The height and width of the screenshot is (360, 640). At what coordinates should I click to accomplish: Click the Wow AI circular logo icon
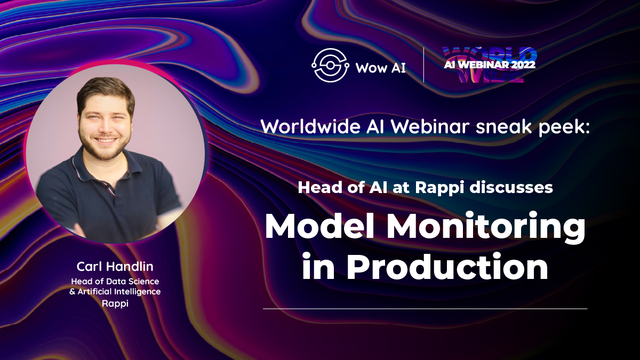pyautogui.click(x=330, y=65)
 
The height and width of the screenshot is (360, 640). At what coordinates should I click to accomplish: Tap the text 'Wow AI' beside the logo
pyautogui.click(x=381, y=68)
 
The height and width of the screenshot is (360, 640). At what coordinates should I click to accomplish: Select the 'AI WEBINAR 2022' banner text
pyautogui.click(x=490, y=65)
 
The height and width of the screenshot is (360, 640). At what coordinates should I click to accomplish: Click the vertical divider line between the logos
pyautogui.click(x=423, y=65)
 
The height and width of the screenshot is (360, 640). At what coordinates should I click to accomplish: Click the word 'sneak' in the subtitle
pyautogui.click(x=503, y=126)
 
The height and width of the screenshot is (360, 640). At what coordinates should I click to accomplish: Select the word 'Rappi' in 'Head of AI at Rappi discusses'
pyautogui.click(x=440, y=188)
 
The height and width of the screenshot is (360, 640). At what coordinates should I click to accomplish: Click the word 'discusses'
pyautogui.click(x=511, y=188)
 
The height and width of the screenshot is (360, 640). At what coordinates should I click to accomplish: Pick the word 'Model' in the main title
pyautogui.click(x=319, y=226)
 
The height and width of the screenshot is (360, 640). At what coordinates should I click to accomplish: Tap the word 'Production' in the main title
pyautogui.click(x=447, y=266)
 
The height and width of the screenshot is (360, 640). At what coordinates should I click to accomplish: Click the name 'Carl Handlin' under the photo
pyautogui.click(x=115, y=267)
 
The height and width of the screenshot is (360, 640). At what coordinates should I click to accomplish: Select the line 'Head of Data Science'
pyautogui.click(x=115, y=282)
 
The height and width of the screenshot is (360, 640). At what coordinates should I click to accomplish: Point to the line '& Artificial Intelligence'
pyautogui.click(x=115, y=292)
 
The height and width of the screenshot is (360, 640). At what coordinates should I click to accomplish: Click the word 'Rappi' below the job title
pyautogui.click(x=115, y=303)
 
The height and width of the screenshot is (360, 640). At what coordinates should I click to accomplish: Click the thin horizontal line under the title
pyautogui.click(x=425, y=309)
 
